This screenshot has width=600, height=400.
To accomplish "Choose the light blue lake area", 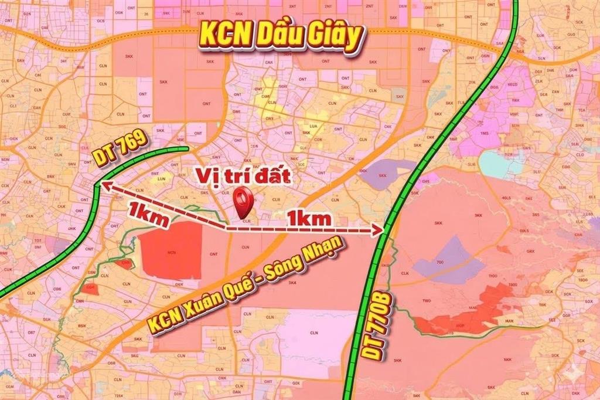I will coord(498,162).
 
